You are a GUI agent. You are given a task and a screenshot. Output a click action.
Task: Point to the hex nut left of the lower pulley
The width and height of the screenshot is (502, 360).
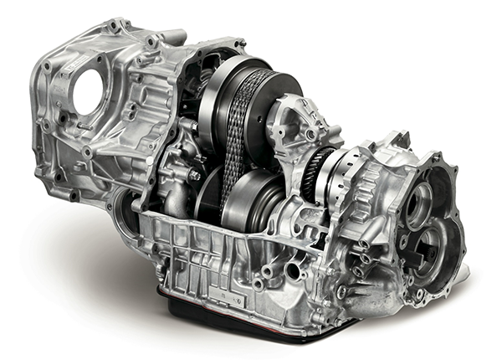pos(193,175)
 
